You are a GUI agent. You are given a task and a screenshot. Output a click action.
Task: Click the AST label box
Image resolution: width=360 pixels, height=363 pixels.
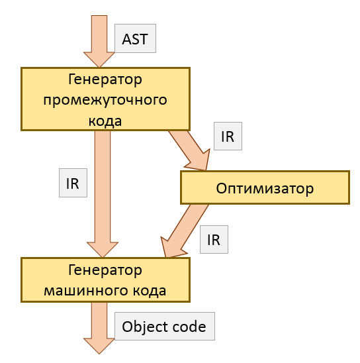(x=135, y=38)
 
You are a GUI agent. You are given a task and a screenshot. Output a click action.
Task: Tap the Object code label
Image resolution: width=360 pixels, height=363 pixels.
(x=165, y=326)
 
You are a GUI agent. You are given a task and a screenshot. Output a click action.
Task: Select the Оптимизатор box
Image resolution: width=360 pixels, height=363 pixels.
(x=265, y=187)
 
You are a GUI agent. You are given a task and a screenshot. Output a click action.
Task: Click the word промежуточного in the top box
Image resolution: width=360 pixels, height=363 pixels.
(x=105, y=101)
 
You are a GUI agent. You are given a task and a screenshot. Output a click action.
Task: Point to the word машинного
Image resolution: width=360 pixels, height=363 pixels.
(x=92, y=291)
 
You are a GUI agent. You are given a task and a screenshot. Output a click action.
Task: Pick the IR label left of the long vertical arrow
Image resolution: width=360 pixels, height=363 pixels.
(x=73, y=183)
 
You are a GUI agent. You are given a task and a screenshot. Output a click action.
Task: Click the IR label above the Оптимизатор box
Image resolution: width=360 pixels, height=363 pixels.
(x=228, y=136)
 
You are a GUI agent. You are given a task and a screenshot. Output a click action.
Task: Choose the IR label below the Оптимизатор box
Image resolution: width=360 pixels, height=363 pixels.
(x=214, y=239)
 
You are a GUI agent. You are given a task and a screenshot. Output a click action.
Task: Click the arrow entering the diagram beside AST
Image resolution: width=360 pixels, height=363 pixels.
(x=99, y=42)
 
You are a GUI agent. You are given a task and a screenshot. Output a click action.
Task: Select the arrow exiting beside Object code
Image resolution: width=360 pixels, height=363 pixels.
(x=99, y=328)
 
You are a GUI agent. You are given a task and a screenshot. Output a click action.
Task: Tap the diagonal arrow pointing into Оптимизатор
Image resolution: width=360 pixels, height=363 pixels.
(x=190, y=151)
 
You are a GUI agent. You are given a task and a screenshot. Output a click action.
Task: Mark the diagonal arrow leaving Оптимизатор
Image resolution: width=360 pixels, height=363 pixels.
(x=185, y=231)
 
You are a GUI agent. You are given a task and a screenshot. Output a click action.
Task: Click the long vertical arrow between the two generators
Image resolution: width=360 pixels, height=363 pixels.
(x=103, y=194)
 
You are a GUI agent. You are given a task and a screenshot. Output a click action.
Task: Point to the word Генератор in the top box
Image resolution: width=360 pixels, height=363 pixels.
(x=105, y=79)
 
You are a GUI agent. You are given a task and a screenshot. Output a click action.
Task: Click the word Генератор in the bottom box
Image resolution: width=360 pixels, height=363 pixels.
(x=105, y=270)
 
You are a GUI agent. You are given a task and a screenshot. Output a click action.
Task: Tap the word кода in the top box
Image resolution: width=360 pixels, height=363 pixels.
(x=105, y=121)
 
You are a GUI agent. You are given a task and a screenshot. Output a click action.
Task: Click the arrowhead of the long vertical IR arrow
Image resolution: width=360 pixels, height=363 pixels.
(x=103, y=250)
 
